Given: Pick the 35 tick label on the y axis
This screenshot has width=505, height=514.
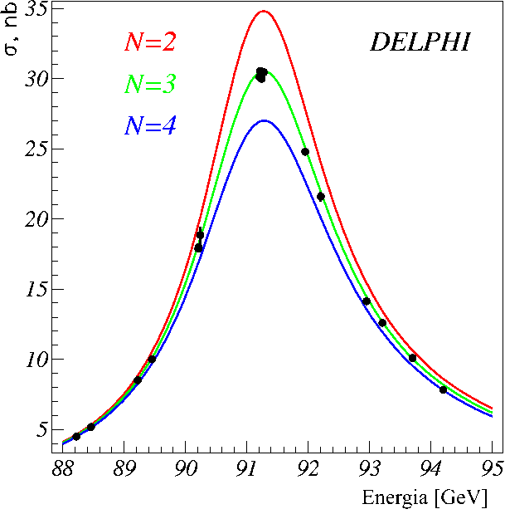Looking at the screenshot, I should (x=34, y=9).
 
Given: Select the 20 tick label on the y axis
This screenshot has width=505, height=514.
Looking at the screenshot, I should (x=34, y=219).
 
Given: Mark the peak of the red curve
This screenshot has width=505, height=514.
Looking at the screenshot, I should (x=263, y=11).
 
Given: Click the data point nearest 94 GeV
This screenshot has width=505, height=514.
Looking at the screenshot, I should (x=443, y=389).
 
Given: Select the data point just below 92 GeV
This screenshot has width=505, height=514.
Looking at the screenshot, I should (x=305, y=151).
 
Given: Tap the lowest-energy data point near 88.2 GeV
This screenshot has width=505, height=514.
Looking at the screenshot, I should (x=76, y=436).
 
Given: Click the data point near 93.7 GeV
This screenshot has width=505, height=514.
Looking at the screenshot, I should (x=412, y=358).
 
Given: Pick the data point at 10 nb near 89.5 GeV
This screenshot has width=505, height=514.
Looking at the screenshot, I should (x=152, y=359).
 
